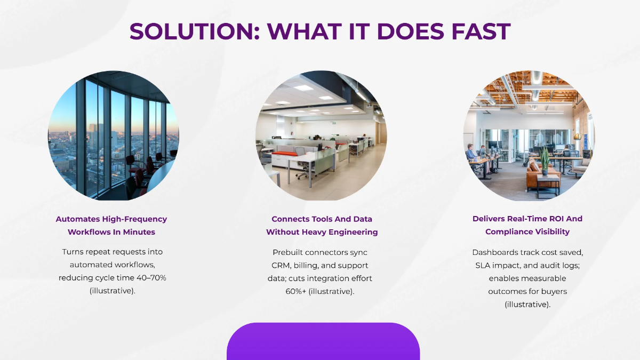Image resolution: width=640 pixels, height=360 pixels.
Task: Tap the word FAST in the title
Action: pos(481,31)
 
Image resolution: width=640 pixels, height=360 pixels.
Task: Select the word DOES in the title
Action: pos(411,31)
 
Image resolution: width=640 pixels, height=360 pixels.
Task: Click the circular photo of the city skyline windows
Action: pos(114,135)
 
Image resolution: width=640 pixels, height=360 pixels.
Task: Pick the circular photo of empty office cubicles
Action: pos(321,135)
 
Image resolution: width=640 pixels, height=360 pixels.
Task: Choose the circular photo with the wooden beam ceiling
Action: pos(529,135)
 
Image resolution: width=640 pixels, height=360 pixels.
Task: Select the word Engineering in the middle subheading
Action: pos(354,233)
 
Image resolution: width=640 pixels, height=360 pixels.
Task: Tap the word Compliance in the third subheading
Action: pos(506,231)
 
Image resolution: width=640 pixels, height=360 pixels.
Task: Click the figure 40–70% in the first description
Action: pos(151,278)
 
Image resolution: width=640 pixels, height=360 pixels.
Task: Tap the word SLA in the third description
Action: pos(483,266)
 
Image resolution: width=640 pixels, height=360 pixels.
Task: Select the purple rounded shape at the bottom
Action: pos(323,341)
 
